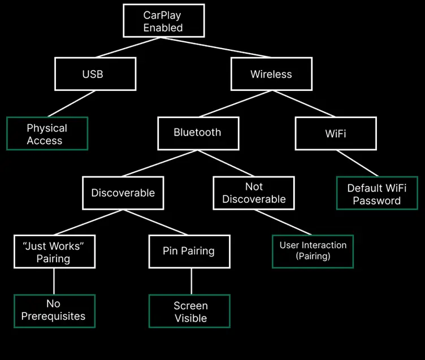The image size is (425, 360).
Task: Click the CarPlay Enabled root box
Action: pyautogui.click(x=163, y=21)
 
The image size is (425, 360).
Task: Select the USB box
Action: pyautogui.click(x=95, y=74)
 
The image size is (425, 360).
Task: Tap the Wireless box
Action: pyautogui.click(x=271, y=74)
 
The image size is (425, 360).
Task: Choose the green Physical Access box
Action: pyautogui.click(x=47, y=134)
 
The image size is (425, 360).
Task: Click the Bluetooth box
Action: pyautogui.click(x=198, y=133)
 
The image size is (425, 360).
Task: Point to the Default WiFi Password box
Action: pyautogui.click(x=377, y=193)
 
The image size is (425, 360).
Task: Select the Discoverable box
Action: pyautogui.click(x=123, y=193)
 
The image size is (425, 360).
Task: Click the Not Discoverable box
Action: pyautogui.click(x=254, y=193)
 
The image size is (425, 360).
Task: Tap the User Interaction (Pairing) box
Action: pyautogui.click(x=313, y=251)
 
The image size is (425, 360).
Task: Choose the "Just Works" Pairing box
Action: pyautogui.click(x=54, y=251)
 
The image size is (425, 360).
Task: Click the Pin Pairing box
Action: pyautogui.click(x=189, y=251)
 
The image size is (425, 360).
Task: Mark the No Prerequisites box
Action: pyautogui.click(x=54, y=311)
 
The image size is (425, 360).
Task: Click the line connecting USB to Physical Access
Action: pyautogui.click(x=71, y=103)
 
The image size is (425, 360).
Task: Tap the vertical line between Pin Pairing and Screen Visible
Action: pyautogui.click(x=191, y=281)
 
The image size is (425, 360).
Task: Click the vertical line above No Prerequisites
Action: pyautogui.click(x=54, y=281)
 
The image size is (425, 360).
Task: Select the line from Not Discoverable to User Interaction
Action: pyautogui.click(x=283, y=222)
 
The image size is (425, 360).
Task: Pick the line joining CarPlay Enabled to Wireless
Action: pyautogui.click(x=218, y=47)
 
